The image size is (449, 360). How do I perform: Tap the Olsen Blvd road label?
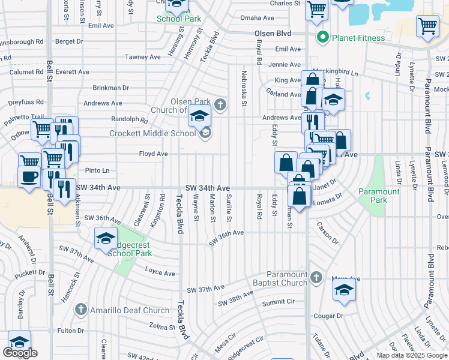click(272, 34)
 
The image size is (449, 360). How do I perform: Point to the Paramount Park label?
click(379, 196)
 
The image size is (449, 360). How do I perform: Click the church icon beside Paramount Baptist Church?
click(318, 278)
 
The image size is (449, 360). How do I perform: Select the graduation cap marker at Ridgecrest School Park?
click(106, 239)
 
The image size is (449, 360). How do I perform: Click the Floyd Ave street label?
click(153, 154)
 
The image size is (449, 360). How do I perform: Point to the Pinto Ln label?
click(97, 170)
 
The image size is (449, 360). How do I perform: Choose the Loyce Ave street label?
click(160, 272)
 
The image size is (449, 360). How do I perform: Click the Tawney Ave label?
click(143, 57)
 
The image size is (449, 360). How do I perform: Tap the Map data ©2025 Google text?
click(412, 355)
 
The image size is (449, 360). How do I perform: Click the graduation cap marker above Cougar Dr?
click(345, 291)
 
